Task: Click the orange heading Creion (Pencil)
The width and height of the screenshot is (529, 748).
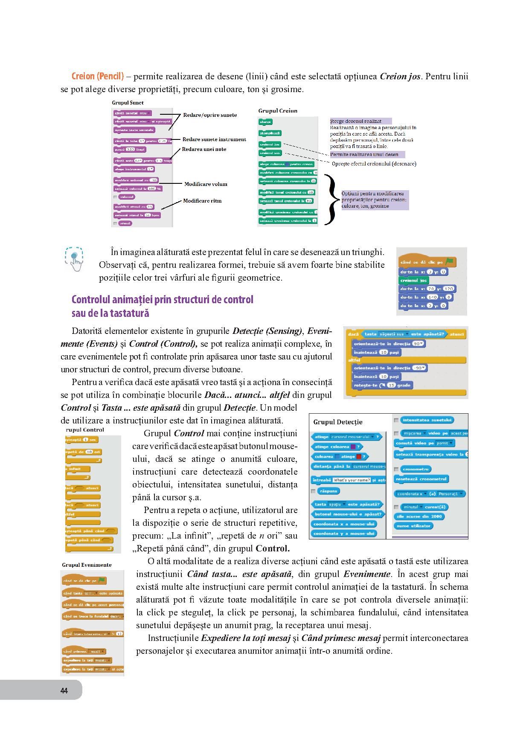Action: coord(98,77)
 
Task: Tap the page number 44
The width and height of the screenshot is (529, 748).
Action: coord(64,690)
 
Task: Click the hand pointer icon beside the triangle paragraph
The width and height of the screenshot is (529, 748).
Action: coord(75,259)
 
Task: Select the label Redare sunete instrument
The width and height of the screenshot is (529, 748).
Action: coord(214,139)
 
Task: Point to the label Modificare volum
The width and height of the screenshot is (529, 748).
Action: coord(206,184)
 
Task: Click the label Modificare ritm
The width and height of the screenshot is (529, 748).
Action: coord(202,200)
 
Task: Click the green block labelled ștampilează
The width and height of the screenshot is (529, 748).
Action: coord(270,133)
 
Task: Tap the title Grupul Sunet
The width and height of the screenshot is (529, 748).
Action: coord(128,103)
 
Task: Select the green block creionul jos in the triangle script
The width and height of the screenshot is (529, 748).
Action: coord(413,280)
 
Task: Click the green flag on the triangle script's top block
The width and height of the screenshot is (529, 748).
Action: coord(449,262)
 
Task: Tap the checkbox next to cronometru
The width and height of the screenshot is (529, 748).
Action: coord(396,469)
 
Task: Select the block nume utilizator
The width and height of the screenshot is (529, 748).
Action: coord(413,526)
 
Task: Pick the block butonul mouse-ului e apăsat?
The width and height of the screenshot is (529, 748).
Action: coord(348,514)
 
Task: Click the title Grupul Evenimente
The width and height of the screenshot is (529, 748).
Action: coord(87,565)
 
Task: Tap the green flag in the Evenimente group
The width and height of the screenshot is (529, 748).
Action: coord(101,580)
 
